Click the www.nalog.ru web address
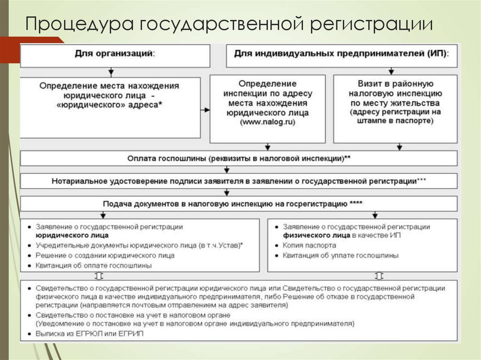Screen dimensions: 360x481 [x=267, y=122]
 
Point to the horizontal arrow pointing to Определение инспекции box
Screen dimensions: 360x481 [x=205, y=110]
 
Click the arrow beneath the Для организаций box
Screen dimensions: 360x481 [x=111, y=72]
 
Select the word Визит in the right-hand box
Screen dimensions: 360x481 [x=368, y=84]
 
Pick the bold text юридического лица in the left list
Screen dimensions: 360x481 [x=71, y=235]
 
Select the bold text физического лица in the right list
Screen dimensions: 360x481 [x=316, y=235]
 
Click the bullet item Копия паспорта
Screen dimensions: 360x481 [x=309, y=245]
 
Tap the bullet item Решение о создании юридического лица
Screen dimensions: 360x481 [x=104, y=255]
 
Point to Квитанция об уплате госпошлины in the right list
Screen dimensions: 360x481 [x=340, y=255]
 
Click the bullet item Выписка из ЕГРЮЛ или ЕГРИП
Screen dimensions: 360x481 [x=89, y=334]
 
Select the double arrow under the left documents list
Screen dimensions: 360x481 [x=99, y=276]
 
